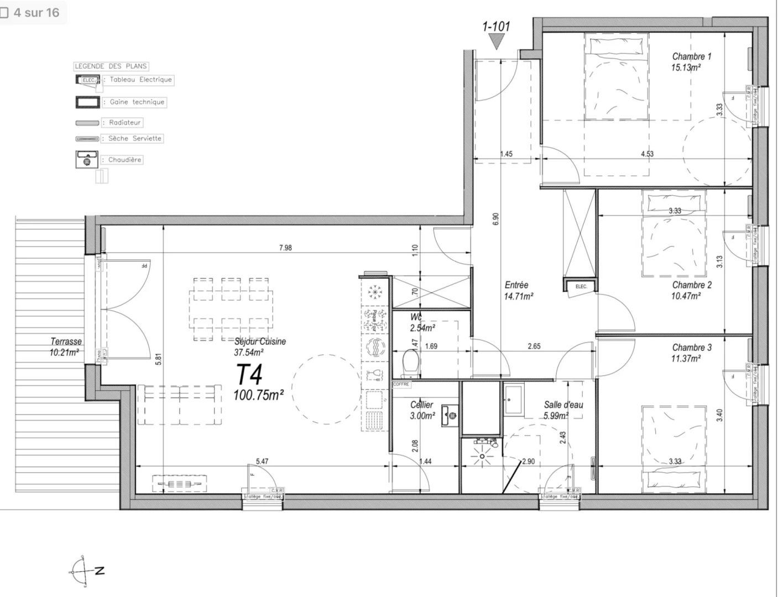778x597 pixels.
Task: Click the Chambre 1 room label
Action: [691, 56]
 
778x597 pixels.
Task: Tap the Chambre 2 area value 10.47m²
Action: [686, 296]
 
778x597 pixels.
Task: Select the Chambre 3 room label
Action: [691, 348]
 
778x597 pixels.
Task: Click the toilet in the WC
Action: [410, 363]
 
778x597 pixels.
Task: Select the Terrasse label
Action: [66, 342]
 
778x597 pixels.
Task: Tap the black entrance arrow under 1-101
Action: [496, 42]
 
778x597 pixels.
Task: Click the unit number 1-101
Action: [496, 26]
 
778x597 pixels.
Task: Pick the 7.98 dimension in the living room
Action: [285, 248]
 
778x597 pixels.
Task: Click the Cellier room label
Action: [421, 405]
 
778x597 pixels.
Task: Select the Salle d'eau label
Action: [563, 405]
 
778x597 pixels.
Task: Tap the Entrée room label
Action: [516, 285]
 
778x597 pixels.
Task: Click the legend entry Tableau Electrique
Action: [140, 80]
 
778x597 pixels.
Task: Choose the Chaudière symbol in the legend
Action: [87, 160]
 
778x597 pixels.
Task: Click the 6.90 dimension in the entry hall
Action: [496, 219]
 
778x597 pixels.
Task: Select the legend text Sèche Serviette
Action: [135, 138]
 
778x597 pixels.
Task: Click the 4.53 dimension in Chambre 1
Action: [647, 154]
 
